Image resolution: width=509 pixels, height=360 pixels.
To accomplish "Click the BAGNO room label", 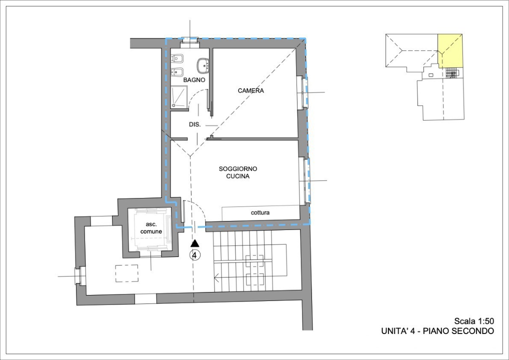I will pyautogui.click(x=194, y=80).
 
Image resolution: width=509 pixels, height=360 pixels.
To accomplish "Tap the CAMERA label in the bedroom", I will pyautogui.click(x=250, y=91).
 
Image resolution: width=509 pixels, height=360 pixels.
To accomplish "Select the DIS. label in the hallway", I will pyautogui.click(x=194, y=124).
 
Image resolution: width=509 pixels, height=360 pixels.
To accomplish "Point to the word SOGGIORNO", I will pyautogui.click(x=237, y=169).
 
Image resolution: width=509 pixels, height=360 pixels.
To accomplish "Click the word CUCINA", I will pyautogui.click(x=237, y=176).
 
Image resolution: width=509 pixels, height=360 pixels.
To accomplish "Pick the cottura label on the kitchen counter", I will pyautogui.click(x=260, y=213).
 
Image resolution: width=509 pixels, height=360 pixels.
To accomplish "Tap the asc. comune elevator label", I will pyautogui.click(x=150, y=228).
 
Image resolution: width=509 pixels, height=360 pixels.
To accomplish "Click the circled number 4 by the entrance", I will pyautogui.click(x=195, y=255).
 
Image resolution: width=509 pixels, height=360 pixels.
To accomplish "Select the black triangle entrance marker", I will pyautogui.click(x=195, y=243).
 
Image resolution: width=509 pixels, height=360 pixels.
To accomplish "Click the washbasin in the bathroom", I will pyautogui.click(x=203, y=65).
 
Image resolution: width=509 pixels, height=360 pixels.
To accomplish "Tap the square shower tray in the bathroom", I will pyautogui.click(x=178, y=96).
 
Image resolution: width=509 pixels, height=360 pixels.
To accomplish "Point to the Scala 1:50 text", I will pyautogui.click(x=474, y=321).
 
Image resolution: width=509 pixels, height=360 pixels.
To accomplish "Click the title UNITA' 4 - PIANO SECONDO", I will pyautogui.click(x=437, y=331).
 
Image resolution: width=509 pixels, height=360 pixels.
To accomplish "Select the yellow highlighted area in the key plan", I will pyautogui.click(x=450, y=50).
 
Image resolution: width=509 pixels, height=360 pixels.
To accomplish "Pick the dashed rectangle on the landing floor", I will pyautogui.click(x=127, y=273).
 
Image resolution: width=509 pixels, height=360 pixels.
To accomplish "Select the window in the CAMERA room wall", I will pyautogui.click(x=303, y=92).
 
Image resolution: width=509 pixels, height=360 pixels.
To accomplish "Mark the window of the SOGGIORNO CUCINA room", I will pyautogui.click(x=304, y=180).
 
